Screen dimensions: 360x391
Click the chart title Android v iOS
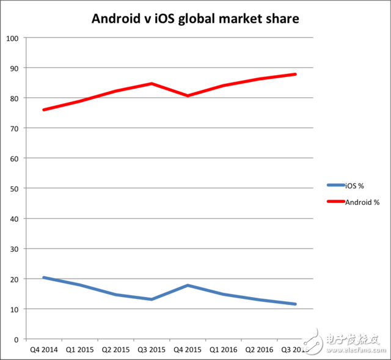tap(195, 18)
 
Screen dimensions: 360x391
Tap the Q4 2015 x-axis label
tap(188, 351)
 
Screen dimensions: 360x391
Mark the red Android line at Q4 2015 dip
tap(188, 96)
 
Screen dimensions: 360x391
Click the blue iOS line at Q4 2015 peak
tap(188, 285)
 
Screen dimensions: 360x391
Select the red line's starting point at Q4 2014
tap(43, 110)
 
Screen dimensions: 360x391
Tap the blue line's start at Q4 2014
tap(43, 277)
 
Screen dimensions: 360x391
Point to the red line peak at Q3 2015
tap(152, 84)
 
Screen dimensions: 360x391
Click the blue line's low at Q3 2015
tap(152, 299)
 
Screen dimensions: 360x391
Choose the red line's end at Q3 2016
tap(296, 75)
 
